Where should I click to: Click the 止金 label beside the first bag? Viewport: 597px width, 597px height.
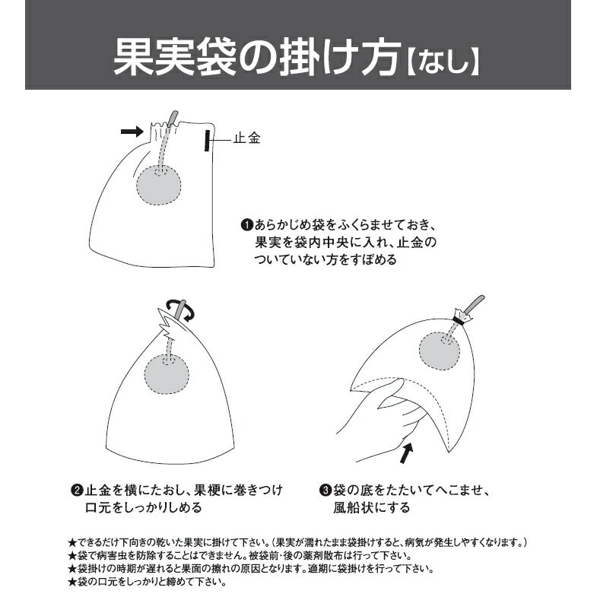246,138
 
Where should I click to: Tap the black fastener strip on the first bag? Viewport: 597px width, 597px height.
207,141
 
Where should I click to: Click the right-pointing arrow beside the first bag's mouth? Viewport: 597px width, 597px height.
132,132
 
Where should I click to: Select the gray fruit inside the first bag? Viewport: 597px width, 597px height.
159,185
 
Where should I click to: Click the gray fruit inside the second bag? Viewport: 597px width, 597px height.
167,374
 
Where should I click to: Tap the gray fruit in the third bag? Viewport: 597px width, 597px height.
440,351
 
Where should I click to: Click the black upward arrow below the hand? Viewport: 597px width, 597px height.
407,453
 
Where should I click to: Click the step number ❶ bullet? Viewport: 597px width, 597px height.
247,224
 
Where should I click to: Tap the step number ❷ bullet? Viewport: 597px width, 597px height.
77,490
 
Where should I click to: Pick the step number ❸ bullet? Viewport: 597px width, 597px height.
325,490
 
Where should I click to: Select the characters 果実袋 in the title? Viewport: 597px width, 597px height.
174,58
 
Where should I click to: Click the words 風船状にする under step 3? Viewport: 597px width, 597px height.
372,507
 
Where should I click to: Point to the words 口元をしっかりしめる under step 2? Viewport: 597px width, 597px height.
144,507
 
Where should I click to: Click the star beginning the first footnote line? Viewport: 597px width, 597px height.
72,542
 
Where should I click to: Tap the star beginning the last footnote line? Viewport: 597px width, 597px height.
72,582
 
